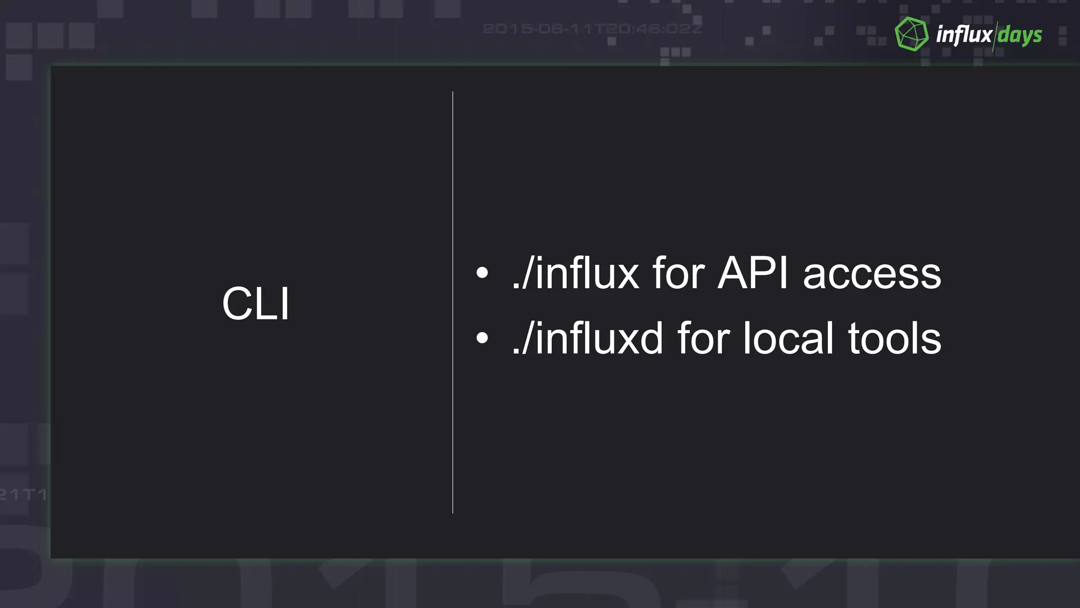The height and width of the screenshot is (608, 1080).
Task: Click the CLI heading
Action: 256,303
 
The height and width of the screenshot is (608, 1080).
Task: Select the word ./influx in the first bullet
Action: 575,274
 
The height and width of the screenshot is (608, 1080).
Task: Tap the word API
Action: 753,273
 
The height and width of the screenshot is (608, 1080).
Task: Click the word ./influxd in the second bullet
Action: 587,338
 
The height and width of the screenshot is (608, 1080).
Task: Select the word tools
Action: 894,338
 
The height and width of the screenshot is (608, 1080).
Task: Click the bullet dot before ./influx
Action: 482,273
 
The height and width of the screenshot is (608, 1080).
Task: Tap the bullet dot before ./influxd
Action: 482,338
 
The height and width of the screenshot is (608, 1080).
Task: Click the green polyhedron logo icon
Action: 911,34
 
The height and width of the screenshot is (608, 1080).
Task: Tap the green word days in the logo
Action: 1019,36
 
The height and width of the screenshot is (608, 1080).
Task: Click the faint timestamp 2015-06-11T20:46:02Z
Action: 593,28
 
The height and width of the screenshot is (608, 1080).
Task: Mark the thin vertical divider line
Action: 452,302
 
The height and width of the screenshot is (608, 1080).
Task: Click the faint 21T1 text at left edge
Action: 23,495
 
